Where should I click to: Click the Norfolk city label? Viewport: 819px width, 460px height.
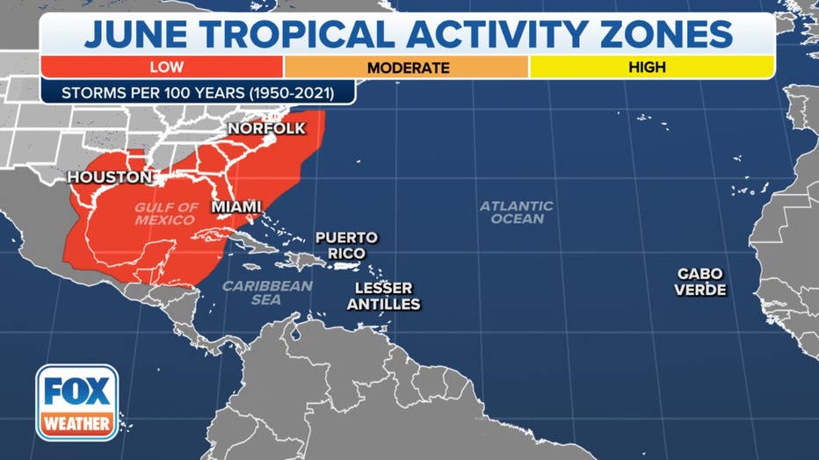(x=266, y=129)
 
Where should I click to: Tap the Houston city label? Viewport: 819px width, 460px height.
(x=110, y=177)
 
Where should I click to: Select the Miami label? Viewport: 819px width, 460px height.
(x=236, y=207)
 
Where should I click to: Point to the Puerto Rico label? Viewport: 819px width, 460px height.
(x=346, y=245)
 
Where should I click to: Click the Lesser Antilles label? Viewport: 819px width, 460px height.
(x=383, y=296)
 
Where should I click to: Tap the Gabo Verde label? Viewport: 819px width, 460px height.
(x=700, y=282)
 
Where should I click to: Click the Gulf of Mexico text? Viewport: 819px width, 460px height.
(x=167, y=213)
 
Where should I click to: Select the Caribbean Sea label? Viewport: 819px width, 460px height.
(x=267, y=292)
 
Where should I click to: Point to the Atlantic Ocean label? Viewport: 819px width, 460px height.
(x=517, y=212)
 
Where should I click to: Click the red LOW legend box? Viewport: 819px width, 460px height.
(x=162, y=67)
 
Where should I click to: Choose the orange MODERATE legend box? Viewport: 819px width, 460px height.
(x=407, y=67)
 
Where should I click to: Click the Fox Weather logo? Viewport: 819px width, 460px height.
(x=76, y=401)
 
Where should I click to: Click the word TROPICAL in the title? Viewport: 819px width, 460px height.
(x=299, y=33)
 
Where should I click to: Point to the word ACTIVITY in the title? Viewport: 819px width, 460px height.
(x=494, y=33)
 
